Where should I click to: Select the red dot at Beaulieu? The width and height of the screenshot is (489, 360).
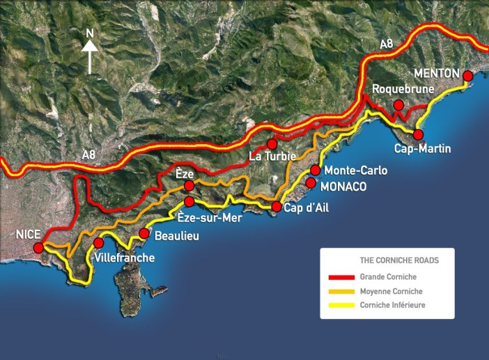[x=144, y=233]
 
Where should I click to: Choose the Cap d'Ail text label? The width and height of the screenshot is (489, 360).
[x=307, y=208]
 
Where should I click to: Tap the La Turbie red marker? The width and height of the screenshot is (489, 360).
[x=272, y=144]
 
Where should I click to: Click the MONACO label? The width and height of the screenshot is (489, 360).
[x=343, y=187]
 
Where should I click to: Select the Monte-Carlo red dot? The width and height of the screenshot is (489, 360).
[x=316, y=171]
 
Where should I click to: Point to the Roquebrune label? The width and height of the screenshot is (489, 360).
[x=403, y=89]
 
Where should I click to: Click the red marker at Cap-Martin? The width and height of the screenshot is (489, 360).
[x=419, y=134]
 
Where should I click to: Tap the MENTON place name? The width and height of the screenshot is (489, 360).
[x=437, y=73]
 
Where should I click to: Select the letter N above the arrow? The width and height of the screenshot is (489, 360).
[x=89, y=32]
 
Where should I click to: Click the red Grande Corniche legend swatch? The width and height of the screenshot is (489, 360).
[x=342, y=277]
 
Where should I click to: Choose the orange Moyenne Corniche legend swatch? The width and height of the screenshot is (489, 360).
[x=342, y=291]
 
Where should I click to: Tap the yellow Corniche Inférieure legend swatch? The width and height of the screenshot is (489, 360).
[x=342, y=305]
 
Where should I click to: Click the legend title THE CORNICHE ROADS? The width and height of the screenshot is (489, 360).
[x=399, y=260]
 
